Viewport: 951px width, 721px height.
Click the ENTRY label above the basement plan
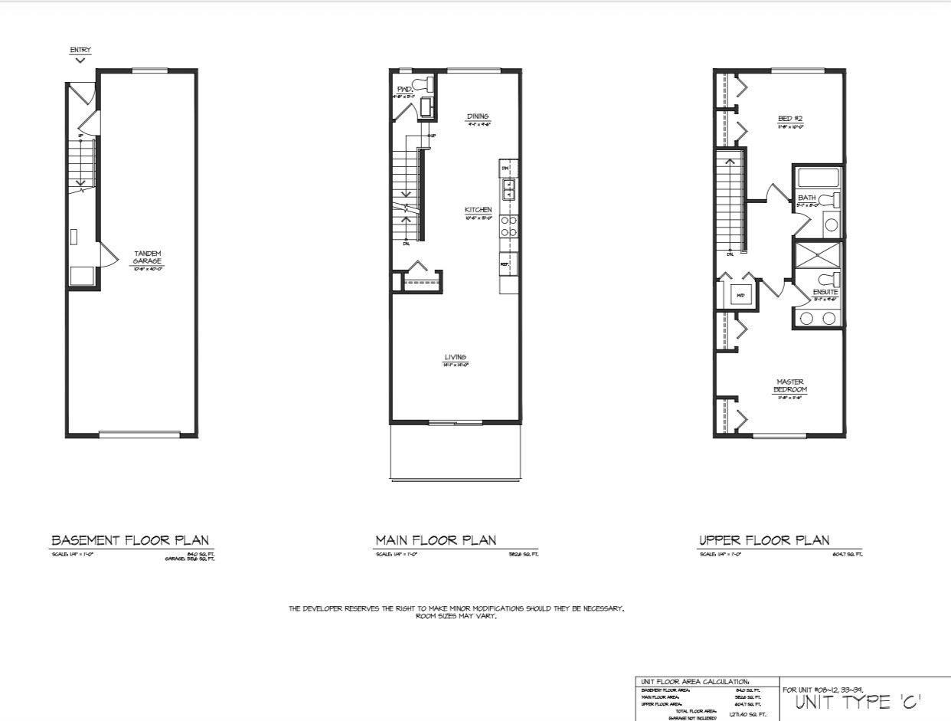pos(80,51)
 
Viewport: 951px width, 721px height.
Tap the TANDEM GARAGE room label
pos(148,257)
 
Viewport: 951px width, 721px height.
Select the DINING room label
pos(478,116)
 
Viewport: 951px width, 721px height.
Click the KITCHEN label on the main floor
pos(478,210)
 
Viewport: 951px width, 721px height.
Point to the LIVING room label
pos(456,357)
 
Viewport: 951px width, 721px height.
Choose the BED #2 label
pos(790,119)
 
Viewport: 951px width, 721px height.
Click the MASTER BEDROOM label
pos(790,385)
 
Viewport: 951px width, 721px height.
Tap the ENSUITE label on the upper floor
pos(825,292)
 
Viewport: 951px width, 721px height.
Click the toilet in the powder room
pos(420,84)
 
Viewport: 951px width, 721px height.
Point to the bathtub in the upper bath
pos(817,178)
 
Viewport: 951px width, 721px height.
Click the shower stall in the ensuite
pos(817,255)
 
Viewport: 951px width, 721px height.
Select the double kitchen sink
pos(508,189)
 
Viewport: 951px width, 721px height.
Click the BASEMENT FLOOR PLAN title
pos(129,540)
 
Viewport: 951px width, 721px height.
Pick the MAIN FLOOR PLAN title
pos(436,540)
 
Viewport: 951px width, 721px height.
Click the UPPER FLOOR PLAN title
pos(764,540)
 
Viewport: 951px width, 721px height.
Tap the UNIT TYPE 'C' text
pos(858,702)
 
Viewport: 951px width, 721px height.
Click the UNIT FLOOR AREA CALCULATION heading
pos(695,681)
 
